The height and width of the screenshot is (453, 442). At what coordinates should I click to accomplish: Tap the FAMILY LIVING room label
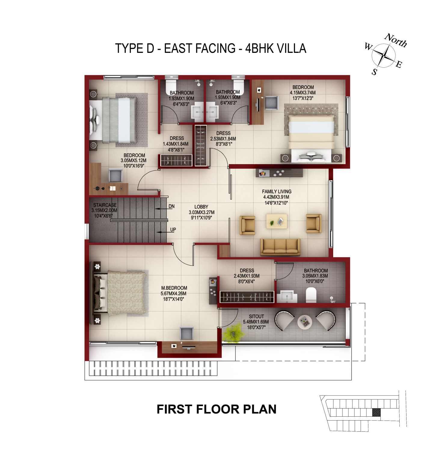coord(277,191)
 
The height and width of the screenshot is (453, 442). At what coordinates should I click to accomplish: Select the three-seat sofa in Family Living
coord(280,247)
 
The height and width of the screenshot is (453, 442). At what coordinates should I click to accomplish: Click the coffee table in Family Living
coord(277,221)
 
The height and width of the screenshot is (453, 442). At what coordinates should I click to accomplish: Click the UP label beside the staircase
coord(173,230)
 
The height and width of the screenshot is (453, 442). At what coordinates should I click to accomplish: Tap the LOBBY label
coord(201,207)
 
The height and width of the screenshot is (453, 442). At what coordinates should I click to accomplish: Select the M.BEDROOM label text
coord(174,288)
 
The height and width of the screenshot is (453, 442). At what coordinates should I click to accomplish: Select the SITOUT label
coord(256,316)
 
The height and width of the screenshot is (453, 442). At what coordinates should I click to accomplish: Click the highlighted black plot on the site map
coord(376,412)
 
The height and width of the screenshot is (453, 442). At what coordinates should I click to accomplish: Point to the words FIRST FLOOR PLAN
coord(216,409)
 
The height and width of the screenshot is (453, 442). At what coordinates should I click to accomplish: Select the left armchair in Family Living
coord(247,225)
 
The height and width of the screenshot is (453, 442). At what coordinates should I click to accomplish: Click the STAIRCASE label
coord(105,205)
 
